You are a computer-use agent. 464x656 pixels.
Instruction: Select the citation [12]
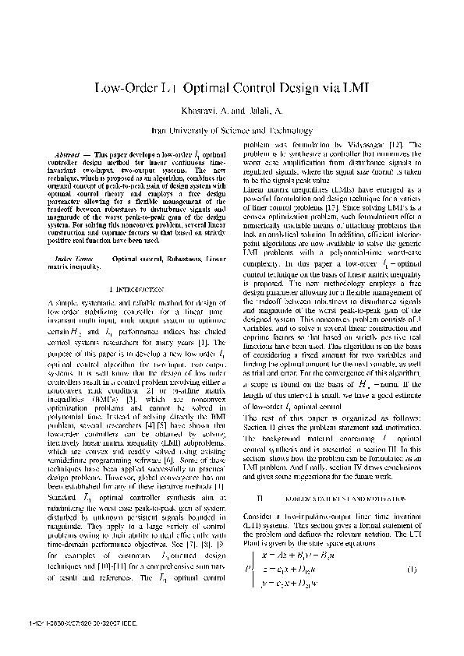395,145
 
